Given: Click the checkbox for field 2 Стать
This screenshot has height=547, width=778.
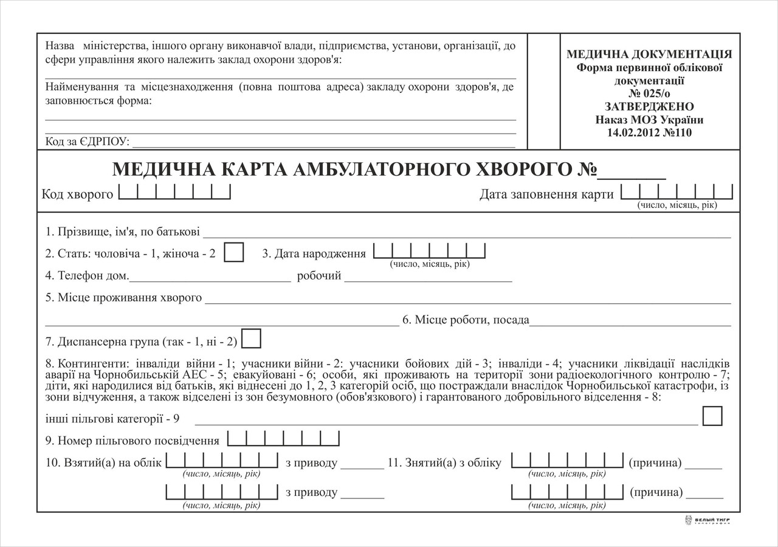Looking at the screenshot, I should tap(234, 252).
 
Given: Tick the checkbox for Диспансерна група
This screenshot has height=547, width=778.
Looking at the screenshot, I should tap(252, 339).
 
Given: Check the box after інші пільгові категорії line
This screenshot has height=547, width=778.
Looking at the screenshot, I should tap(712, 416).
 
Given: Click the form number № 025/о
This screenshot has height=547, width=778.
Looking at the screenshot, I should tap(650, 94).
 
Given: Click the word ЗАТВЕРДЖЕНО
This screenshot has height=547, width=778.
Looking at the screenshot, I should tap(650, 106).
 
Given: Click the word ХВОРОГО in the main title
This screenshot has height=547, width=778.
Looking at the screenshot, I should tap(525, 170).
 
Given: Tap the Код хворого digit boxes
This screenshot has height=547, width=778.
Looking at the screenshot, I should tap(174, 193).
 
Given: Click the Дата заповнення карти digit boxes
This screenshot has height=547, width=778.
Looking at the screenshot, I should tap(676, 193).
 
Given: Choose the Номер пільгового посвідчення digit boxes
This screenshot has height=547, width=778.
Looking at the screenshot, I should tap(283, 439).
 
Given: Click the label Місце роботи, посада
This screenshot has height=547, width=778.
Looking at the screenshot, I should tap(466, 320).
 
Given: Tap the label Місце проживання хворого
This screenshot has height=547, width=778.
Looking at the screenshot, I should tap(123, 298).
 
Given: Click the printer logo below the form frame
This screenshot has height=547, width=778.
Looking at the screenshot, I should tap(707, 521).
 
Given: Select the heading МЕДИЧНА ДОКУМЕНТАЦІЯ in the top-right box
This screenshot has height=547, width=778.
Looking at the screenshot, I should tap(649, 54).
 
